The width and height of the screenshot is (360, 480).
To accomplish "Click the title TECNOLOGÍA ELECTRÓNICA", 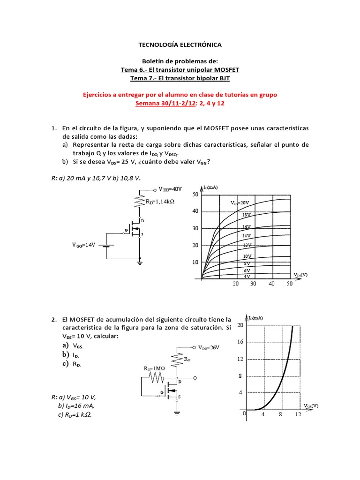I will [180, 45].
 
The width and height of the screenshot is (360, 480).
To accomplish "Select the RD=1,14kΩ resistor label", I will [160, 202].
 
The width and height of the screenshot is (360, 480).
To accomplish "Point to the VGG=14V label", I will [83, 245].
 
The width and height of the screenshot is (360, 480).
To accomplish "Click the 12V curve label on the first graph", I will [247, 245].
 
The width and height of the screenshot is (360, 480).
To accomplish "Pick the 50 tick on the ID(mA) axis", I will [195, 194].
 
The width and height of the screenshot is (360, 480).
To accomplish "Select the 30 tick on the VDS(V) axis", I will [253, 284].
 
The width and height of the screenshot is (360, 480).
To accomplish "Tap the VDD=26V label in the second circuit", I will [209, 347].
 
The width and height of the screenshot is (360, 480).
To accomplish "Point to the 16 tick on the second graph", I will [240, 342].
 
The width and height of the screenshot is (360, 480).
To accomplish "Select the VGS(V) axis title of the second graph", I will [311, 405].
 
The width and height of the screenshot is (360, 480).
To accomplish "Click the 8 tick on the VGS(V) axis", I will [281, 415].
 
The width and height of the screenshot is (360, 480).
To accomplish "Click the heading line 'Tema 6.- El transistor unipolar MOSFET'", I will [180, 69].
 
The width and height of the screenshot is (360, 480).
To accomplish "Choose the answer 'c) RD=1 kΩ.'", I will [77, 414].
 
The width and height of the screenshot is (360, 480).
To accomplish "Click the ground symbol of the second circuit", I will [177, 413].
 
